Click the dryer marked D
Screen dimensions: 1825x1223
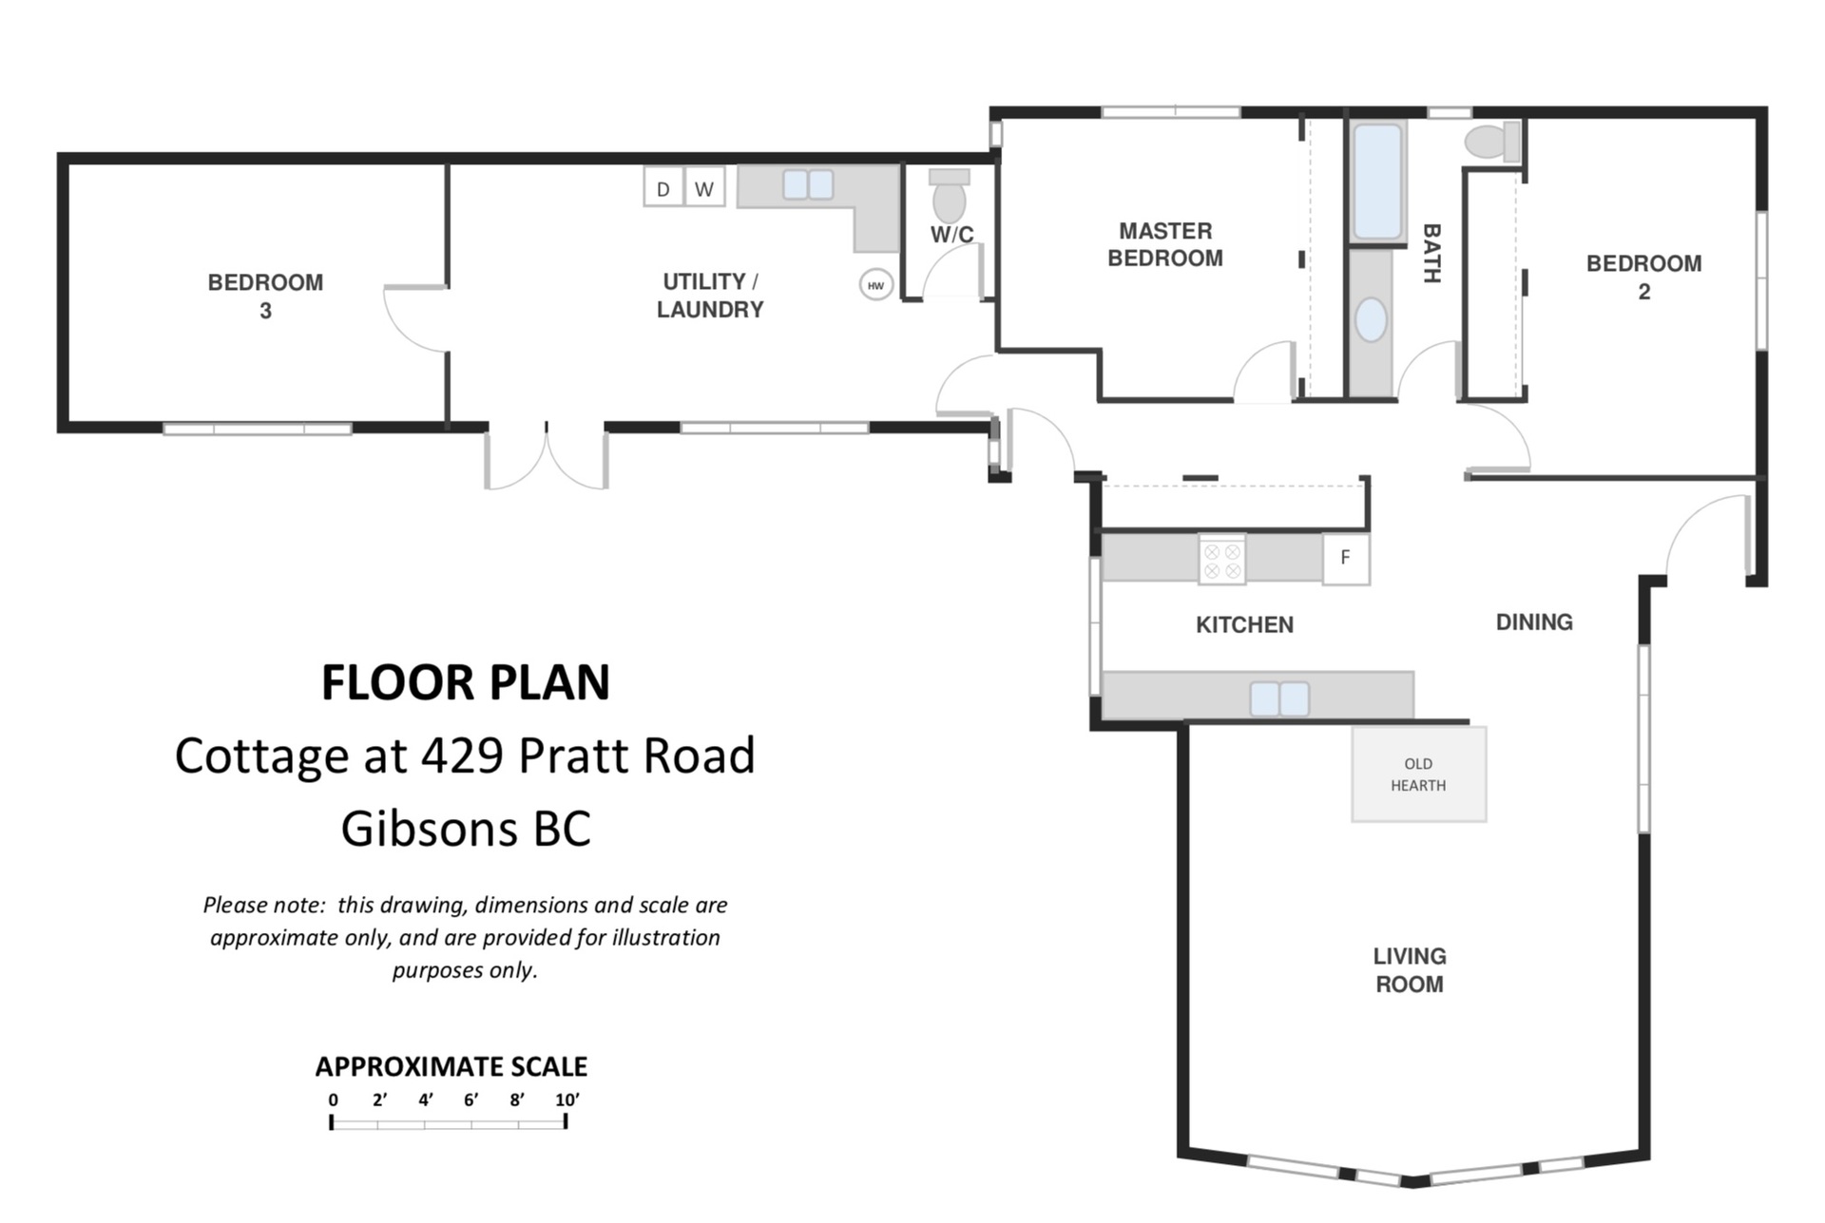pos(663,187)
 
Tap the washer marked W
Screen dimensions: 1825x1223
pos(704,187)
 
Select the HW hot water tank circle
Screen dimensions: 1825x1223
pos(875,285)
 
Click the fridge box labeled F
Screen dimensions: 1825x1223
pos(1346,558)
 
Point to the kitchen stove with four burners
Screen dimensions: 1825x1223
pos(1221,559)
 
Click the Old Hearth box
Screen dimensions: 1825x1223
pos(1419,774)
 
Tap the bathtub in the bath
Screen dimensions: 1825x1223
pos(1377,181)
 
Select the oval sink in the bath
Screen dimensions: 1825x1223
pos(1371,319)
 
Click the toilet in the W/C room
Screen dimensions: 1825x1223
pos(949,196)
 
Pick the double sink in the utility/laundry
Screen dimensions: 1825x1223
pos(808,184)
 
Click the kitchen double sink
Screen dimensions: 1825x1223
pos(1279,698)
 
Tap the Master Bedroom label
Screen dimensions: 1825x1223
pos(1165,244)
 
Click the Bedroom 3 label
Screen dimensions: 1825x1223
pos(265,296)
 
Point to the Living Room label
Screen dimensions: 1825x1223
pos(1410,970)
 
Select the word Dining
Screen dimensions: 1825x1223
pos(1534,622)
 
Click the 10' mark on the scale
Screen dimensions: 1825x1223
pos(567,1100)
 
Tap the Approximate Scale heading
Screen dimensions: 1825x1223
pos(451,1067)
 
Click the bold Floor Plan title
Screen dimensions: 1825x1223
pos(466,682)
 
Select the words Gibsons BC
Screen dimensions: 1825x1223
pos(466,829)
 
